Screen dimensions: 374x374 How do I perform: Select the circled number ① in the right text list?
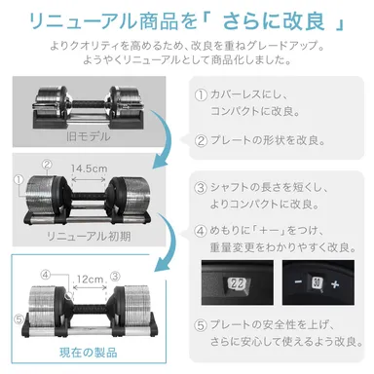(202, 95)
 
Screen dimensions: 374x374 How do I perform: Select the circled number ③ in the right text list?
(202, 188)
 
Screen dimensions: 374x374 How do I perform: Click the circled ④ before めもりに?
(202, 233)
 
